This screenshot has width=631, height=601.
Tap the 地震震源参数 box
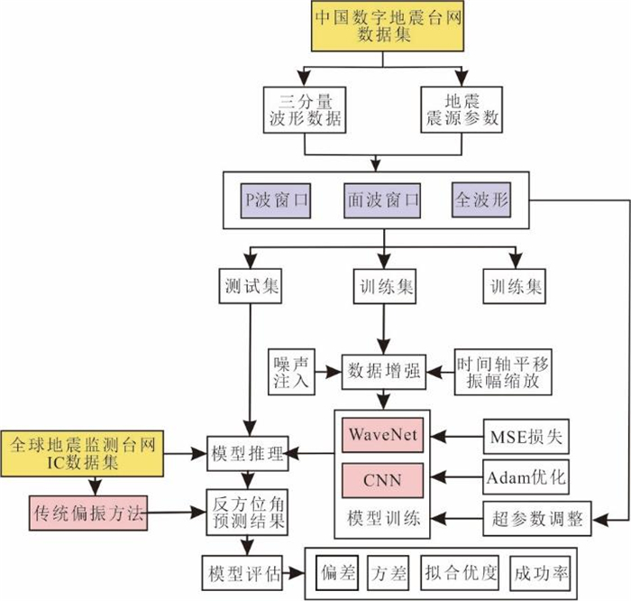461,109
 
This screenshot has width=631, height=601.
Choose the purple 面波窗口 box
382,199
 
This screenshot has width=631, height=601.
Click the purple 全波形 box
480,199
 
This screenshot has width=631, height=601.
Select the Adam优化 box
526,476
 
